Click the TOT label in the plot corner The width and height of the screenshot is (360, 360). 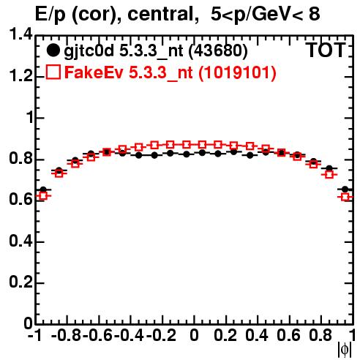coord(326,50)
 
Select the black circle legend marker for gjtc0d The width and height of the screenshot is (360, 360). coord(53,50)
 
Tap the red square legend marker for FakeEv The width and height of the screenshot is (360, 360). coord(53,72)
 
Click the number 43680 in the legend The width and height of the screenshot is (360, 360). coord(218,50)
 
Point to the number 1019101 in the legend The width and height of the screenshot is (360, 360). coord(237,72)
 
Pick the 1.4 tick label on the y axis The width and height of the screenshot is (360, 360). coord(20,34)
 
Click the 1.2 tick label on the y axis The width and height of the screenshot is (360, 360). coord(20,76)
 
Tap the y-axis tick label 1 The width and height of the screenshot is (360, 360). coord(29,118)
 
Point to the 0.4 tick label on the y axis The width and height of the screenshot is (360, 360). coord(20,241)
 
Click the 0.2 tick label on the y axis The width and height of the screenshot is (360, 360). coord(20,282)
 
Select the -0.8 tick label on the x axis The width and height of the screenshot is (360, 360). coord(66,335)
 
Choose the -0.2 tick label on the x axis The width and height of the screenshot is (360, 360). coord(161,335)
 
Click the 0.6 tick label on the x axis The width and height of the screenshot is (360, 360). coord(288,335)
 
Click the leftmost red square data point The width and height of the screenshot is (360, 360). coord(43,195)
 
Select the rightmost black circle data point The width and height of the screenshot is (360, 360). coord(345,190)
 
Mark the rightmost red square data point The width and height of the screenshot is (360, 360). coord(345,197)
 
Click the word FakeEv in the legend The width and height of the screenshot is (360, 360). coord(94,72)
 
